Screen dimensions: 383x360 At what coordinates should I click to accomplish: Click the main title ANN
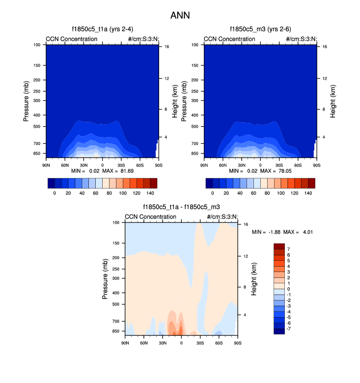click(180, 15)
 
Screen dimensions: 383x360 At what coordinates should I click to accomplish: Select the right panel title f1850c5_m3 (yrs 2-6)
click(260, 29)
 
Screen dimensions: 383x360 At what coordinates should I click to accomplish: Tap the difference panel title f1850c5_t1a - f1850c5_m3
click(181, 207)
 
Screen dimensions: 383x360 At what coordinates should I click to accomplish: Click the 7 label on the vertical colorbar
click(288, 249)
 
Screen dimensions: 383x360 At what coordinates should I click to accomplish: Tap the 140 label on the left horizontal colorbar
click(150, 193)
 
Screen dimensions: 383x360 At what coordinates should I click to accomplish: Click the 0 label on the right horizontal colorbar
click(213, 193)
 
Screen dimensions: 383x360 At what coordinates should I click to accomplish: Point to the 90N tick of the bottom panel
click(125, 342)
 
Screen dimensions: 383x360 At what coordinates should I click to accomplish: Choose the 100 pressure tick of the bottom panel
click(117, 222)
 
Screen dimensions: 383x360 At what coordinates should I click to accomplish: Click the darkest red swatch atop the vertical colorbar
click(279, 246)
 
